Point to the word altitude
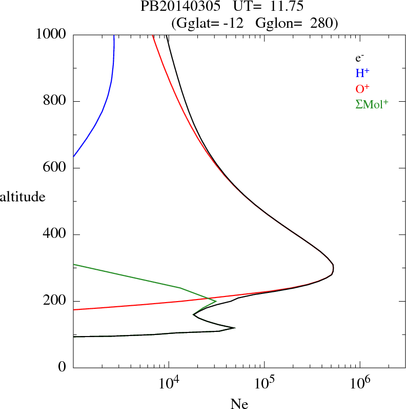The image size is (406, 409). tap(23, 197)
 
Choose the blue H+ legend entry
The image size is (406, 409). tap(362, 73)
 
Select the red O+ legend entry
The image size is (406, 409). tap(362, 89)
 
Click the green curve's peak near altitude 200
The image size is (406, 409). tap(216, 301)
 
